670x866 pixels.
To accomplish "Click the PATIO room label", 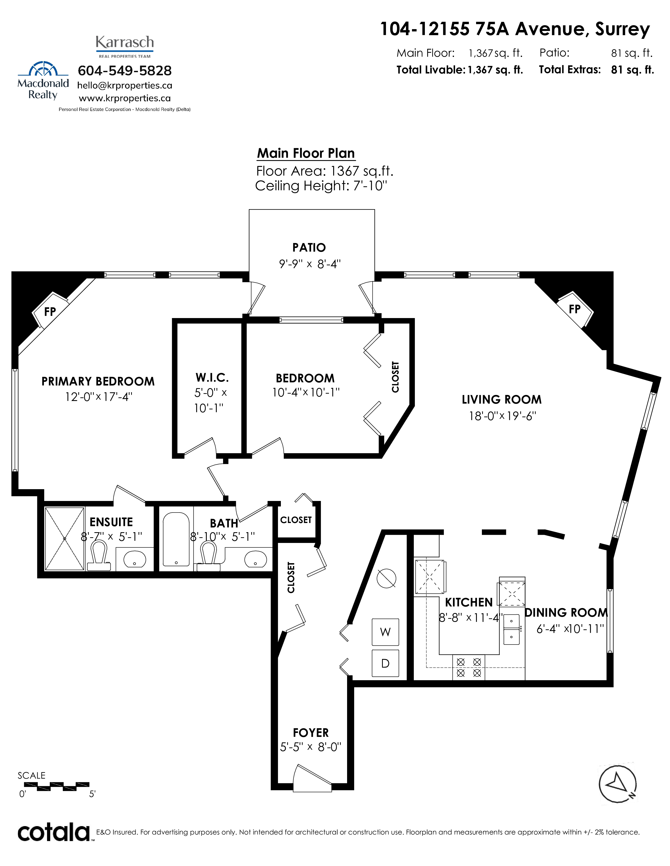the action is click(x=309, y=247).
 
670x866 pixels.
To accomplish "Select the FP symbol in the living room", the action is click(x=574, y=309).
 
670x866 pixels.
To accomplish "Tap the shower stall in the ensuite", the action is click(x=65, y=538).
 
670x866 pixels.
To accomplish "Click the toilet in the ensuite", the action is click(x=99, y=556).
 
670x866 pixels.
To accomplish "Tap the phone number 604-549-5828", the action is click(x=125, y=71).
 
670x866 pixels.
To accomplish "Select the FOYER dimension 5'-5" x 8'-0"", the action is click(x=310, y=747).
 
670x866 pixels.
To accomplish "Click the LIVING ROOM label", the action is click(x=501, y=399).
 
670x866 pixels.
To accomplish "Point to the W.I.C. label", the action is click(x=212, y=377).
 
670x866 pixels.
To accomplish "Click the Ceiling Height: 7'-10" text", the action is click(x=321, y=186).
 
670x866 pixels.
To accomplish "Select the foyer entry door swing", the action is click(x=312, y=778).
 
